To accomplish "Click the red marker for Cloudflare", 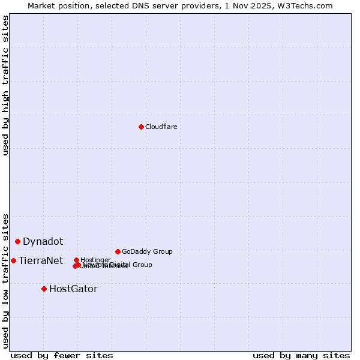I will point(141,127).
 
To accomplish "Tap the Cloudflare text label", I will point(161,127).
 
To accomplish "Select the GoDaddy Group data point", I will point(118,251).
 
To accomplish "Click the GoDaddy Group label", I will point(147,251).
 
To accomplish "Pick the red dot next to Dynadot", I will point(18,241).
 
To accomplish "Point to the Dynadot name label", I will point(43,241).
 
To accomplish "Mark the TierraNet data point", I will point(13,260).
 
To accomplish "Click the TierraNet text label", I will point(41,260).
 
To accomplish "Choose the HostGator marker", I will point(44,289).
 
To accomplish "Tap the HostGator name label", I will point(73,289).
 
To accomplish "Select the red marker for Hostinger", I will point(76,260).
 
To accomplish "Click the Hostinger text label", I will point(95,260).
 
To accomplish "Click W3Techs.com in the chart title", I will point(307,5).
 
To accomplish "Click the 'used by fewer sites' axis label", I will point(62,356).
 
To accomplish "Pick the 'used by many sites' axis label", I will point(301,356).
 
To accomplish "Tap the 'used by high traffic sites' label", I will point(5,85).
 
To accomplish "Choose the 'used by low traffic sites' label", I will point(5,281).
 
